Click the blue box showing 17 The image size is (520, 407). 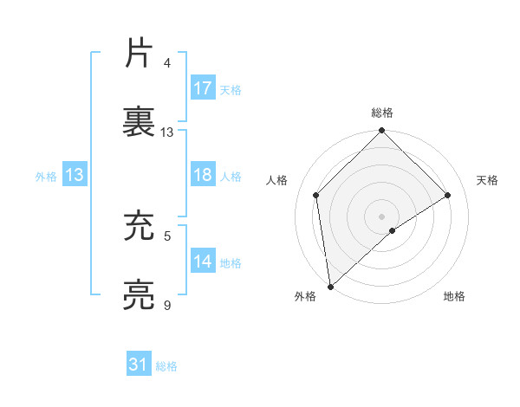pyautogui.click(x=203, y=88)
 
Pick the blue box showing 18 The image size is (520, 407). pyautogui.click(x=203, y=175)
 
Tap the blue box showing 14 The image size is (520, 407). pyautogui.click(x=203, y=262)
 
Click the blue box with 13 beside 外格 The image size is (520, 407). pyautogui.click(x=75, y=175)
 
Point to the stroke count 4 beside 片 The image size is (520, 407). pyautogui.click(x=167, y=63)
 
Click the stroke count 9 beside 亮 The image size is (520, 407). pyautogui.click(x=167, y=306)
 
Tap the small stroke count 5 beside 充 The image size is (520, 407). pyautogui.click(x=167, y=236)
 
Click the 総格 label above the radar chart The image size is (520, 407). pyautogui.click(x=382, y=113)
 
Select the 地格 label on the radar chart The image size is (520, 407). pyautogui.click(x=454, y=296)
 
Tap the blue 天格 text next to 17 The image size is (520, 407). pyautogui.click(x=230, y=89)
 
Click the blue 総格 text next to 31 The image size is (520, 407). pyautogui.click(x=166, y=366)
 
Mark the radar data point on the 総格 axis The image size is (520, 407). pyautogui.click(x=382, y=132)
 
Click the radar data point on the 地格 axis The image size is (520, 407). pyautogui.click(x=393, y=230)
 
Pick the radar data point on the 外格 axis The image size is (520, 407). pyautogui.click(x=330, y=287)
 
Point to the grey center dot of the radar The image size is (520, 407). pyautogui.click(x=382, y=216)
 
